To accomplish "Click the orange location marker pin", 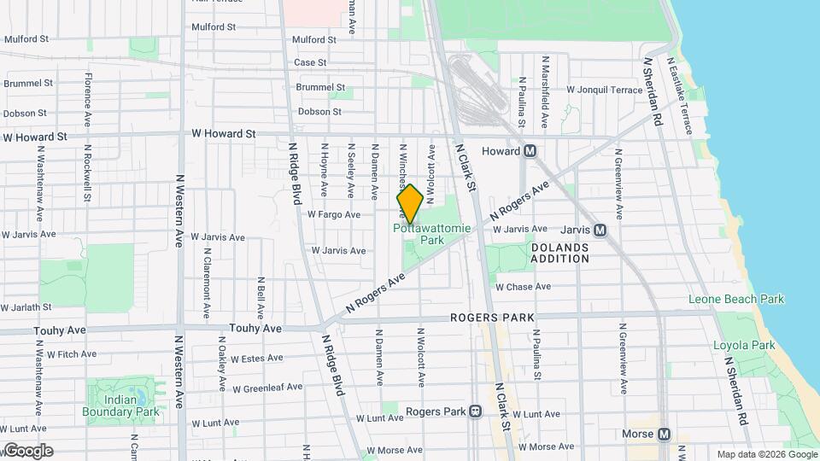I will (x=410, y=204).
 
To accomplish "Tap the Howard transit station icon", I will (x=530, y=151).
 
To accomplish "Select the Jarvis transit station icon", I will (x=600, y=230).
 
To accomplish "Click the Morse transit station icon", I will (x=665, y=434).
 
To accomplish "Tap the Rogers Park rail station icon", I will (x=474, y=411).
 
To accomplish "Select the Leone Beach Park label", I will (x=736, y=300).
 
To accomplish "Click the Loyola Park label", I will (x=744, y=346).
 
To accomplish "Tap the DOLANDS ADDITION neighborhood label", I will (x=559, y=253).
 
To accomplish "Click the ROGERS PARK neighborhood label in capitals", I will (x=493, y=318).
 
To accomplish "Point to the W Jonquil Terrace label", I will (x=604, y=90).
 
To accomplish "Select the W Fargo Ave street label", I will (x=334, y=215).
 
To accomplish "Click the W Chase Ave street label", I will (x=524, y=288).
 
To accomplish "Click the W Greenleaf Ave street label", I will (x=267, y=388).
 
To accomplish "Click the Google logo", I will (x=27, y=451).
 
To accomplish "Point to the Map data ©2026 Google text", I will (x=765, y=454).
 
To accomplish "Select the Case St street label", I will (x=310, y=62).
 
